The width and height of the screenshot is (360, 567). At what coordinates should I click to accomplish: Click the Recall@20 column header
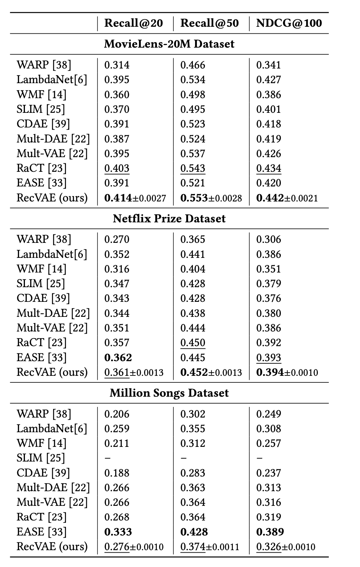pos(133,23)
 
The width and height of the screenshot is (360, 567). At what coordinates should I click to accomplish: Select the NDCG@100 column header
pos(289,23)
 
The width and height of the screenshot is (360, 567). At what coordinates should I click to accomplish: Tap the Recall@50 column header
pos(209,23)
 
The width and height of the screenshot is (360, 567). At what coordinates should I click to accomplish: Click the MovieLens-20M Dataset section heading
pos(169,44)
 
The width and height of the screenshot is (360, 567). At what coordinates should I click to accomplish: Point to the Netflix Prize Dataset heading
pos(169,219)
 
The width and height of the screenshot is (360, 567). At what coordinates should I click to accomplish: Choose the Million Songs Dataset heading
pos(169,393)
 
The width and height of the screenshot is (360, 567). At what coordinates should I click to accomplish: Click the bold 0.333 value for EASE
pos(118,531)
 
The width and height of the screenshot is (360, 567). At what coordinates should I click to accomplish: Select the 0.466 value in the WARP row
pos(193,65)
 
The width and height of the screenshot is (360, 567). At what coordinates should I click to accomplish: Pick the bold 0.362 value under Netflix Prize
pos(118,357)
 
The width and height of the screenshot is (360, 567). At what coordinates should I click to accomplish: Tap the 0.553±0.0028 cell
pos(211,198)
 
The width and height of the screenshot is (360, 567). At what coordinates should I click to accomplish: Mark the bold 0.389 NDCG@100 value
pos(270,531)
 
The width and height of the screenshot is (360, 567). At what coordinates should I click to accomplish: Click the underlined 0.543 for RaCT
pos(193,168)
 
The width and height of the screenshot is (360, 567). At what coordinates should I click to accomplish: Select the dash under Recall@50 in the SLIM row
pos(184,458)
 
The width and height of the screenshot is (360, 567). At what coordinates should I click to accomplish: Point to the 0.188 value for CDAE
pos(117,472)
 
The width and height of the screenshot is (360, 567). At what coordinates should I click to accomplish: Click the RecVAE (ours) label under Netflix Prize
pos(52,372)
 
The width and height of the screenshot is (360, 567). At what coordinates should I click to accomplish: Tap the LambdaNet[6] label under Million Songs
pos(52,429)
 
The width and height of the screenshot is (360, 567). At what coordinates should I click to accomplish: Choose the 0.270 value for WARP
pos(117,239)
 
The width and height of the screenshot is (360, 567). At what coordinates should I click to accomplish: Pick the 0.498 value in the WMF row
pos(193,94)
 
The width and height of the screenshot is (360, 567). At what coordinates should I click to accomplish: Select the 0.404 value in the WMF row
pos(193,269)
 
